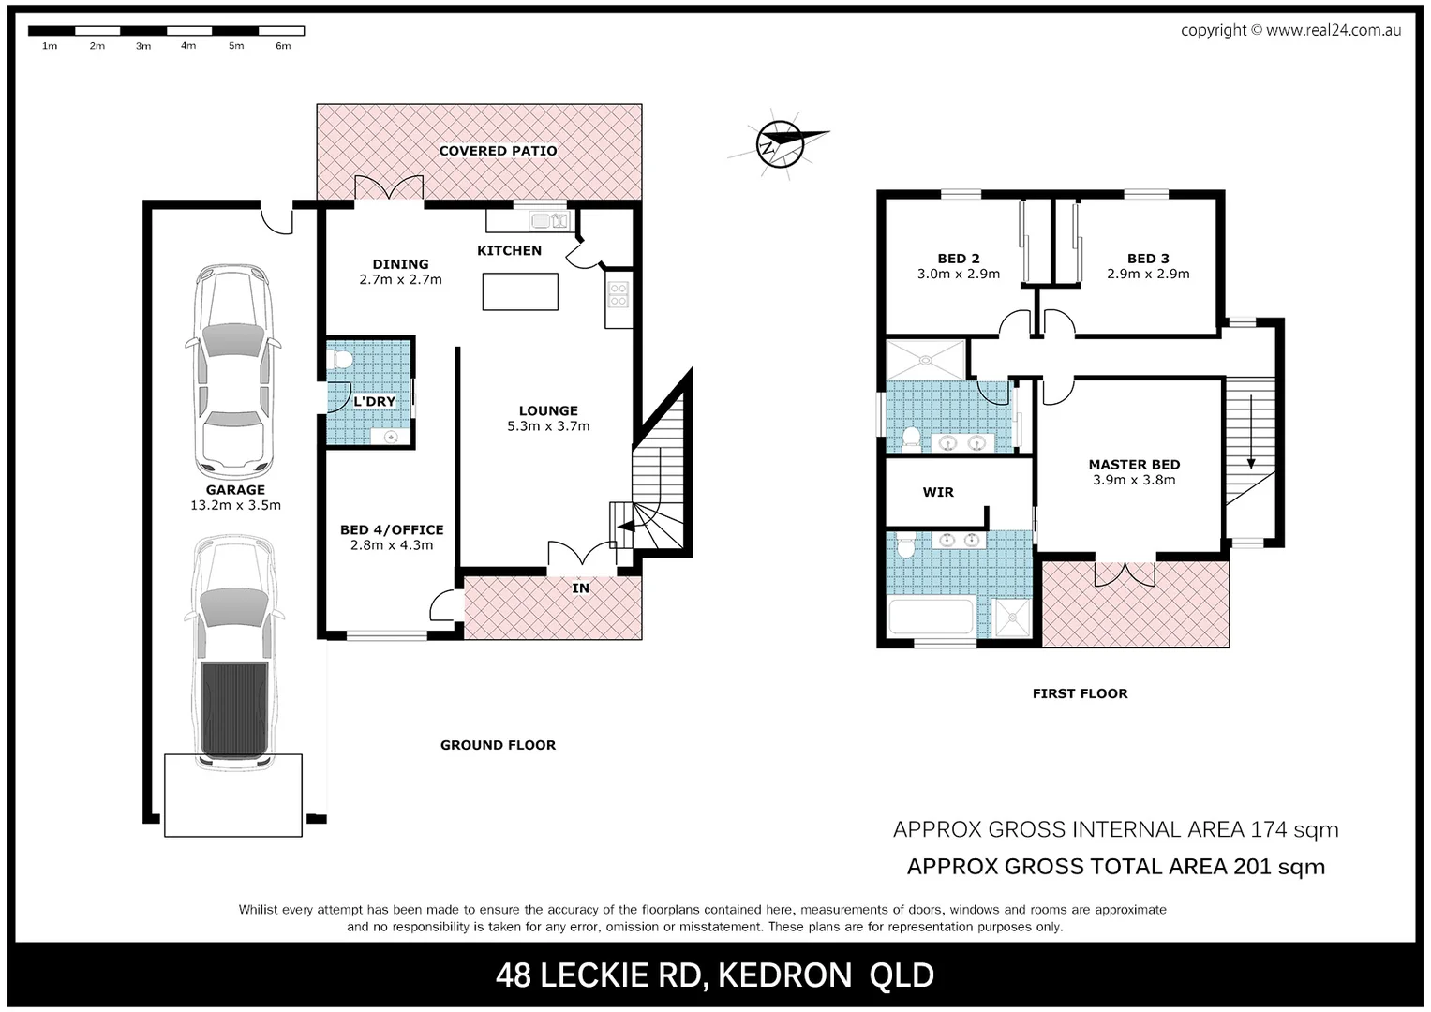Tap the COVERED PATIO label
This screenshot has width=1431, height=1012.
498,151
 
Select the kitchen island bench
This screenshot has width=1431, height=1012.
520,291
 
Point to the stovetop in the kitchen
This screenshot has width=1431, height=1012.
618,295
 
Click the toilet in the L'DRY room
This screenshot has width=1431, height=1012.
340,358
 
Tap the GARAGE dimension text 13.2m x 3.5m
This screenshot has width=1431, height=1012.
235,505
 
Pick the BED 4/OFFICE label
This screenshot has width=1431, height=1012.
392,529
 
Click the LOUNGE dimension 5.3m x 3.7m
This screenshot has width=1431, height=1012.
548,426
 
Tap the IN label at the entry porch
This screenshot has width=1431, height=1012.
581,588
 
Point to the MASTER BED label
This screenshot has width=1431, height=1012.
1134,465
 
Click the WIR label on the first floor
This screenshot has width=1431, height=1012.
938,492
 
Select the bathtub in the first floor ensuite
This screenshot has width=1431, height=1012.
932,618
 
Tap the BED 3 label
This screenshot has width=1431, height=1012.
1148,259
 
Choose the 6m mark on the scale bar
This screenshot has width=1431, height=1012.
283,46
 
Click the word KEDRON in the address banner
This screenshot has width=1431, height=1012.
784,976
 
